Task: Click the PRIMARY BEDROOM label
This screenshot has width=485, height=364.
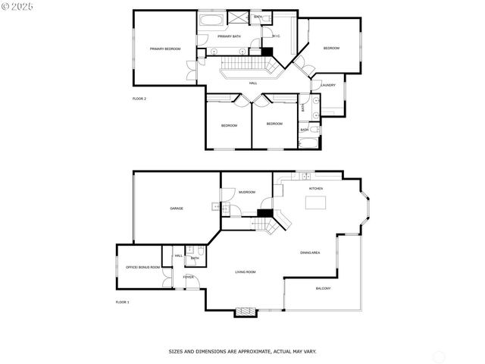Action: pyautogui.click(x=164, y=49)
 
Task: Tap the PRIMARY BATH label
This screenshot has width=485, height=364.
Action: pyautogui.click(x=229, y=36)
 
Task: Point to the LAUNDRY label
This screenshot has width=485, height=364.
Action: pyautogui.click(x=328, y=85)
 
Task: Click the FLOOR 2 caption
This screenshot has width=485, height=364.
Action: pyautogui.click(x=139, y=99)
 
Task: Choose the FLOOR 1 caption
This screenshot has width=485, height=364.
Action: pyautogui.click(x=122, y=302)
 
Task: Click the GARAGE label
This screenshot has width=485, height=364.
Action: pyautogui.click(x=176, y=209)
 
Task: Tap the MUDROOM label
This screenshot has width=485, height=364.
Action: pyautogui.click(x=247, y=192)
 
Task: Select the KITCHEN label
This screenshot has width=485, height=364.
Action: pyautogui.click(x=315, y=188)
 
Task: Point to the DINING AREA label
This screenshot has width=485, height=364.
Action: pyautogui.click(x=310, y=253)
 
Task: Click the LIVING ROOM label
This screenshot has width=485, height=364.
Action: pyautogui.click(x=245, y=271)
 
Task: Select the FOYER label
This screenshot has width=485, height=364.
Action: pyautogui.click(x=188, y=277)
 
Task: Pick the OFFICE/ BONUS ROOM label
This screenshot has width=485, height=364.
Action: pyautogui.click(x=143, y=268)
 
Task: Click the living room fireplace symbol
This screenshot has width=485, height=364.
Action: pyautogui.click(x=245, y=310)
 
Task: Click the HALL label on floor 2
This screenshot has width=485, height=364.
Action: pyautogui.click(x=253, y=83)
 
